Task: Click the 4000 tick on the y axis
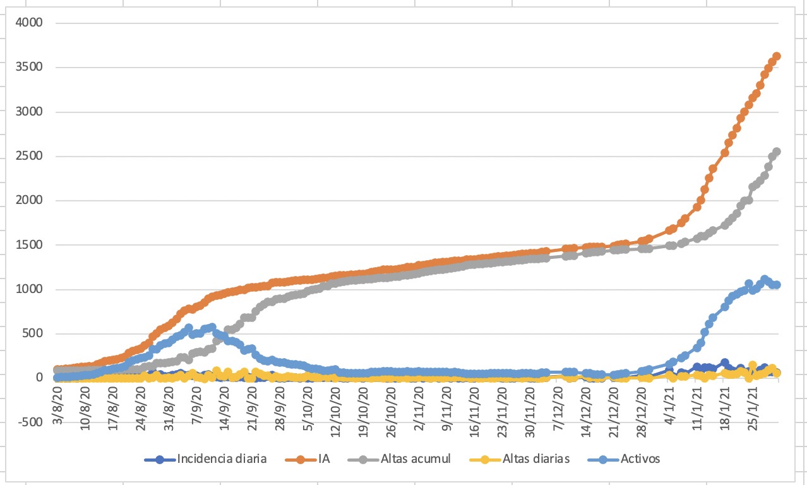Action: [x=30, y=23]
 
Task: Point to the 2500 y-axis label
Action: [x=30, y=157]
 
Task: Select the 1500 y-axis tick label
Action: [x=30, y=245]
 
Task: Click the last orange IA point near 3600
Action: [x=777, y=56]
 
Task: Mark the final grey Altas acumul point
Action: [x=777, y=152]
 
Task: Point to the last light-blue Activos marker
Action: [x=777, y=285]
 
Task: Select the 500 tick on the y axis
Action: [x=33, y=334]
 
